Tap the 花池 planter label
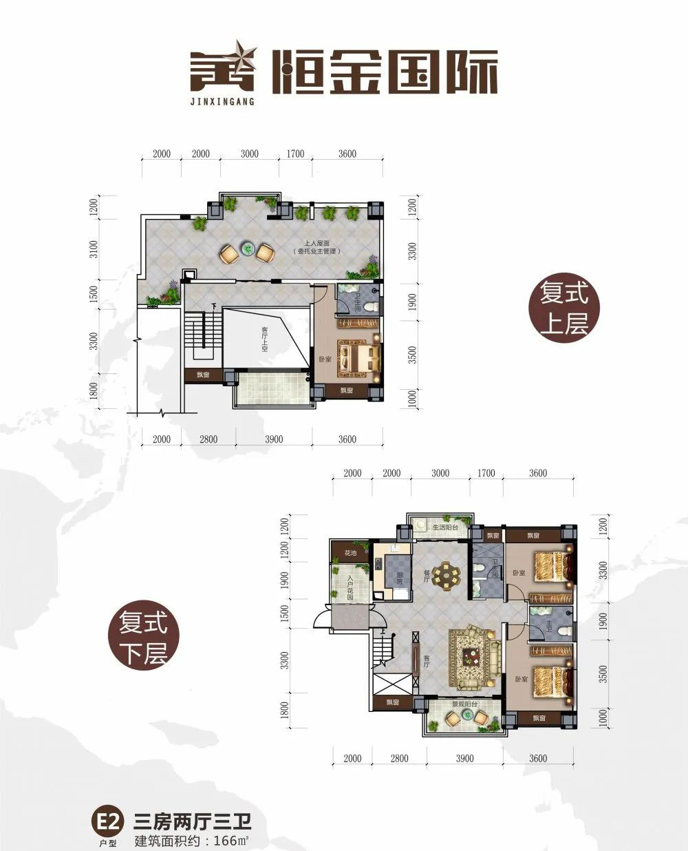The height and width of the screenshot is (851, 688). [350, 553]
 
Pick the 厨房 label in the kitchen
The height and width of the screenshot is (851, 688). [398, 580]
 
